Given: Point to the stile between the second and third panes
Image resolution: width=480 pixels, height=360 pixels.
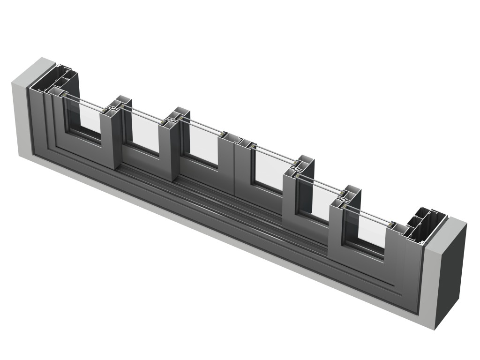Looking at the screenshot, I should click(x=169, y=150).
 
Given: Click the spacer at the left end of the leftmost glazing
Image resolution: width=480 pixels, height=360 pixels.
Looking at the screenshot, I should click(x=64, y=94).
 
